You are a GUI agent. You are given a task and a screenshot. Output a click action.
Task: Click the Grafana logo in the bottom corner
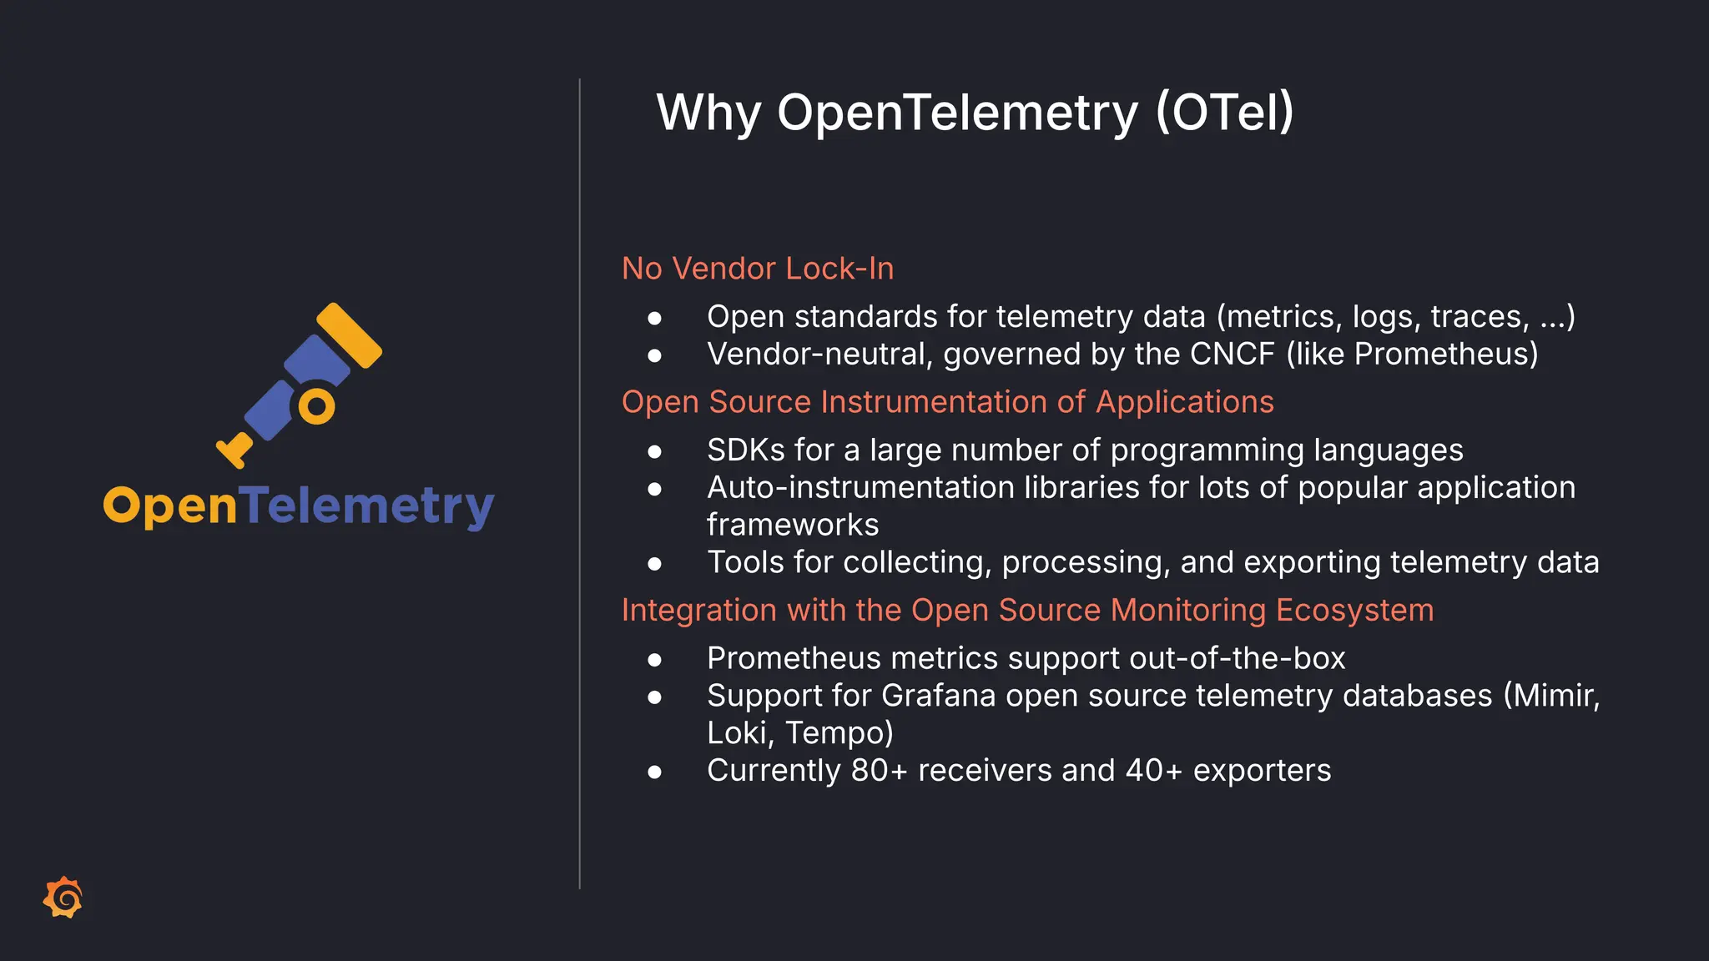(63, 898)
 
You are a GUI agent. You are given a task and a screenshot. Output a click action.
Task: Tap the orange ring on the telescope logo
(317, 407)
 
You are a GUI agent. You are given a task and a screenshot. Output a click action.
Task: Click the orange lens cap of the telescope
(350, 335)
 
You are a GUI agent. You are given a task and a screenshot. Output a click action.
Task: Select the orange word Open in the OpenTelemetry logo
(170, 506)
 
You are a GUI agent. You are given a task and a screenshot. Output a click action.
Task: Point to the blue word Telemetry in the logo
(367, 506)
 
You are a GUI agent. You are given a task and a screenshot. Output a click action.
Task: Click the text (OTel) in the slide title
(1224, 113)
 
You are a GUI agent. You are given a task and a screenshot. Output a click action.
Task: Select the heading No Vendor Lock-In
(758, 269)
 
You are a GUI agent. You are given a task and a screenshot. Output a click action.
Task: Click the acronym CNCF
(1232, 355)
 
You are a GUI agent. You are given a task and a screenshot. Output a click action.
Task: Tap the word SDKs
(746, 450)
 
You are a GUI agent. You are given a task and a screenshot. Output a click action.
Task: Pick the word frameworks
(793, 526)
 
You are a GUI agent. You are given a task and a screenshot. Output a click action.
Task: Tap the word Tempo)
(839, 733)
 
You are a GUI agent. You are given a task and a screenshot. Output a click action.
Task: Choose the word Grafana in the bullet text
(938, 696)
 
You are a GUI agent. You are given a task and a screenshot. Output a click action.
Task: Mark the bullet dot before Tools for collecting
(654, 564)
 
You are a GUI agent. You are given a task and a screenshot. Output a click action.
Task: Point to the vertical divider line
(579, 484)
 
